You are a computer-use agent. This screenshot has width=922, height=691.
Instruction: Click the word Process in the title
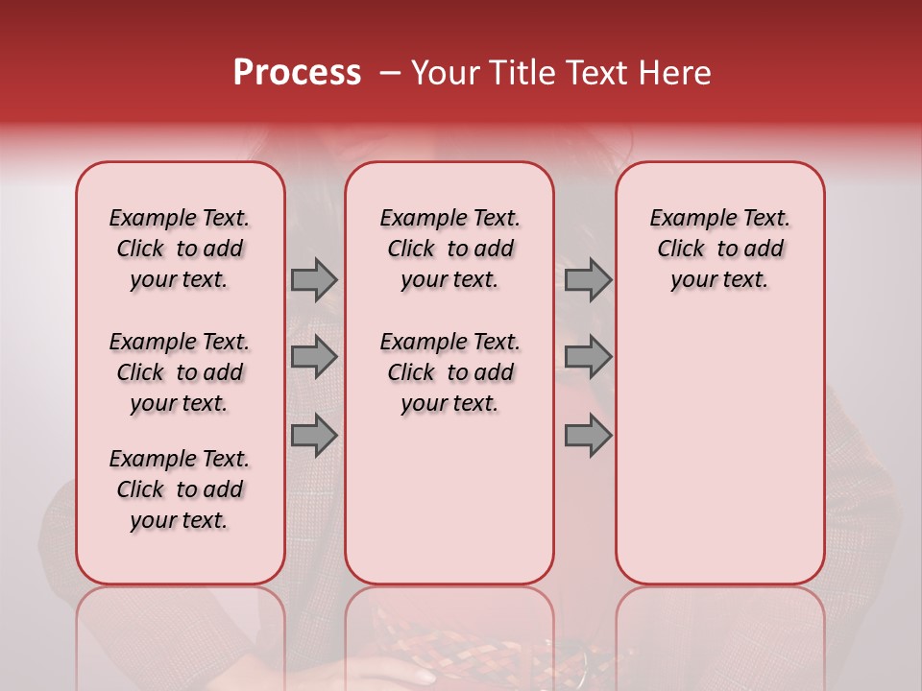tap(296, 73)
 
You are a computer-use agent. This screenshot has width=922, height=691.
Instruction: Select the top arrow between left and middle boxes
tap(313, 279)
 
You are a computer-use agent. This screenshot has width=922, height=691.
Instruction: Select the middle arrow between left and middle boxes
tap(313, 358)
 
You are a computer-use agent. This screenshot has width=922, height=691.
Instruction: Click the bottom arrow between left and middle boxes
tap(313, 436)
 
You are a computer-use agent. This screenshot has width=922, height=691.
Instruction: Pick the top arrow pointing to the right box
tap(588, 279)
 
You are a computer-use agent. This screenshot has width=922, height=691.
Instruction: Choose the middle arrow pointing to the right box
tap(588, 358)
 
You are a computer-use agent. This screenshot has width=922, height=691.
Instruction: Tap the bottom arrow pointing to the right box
tap(588, 436)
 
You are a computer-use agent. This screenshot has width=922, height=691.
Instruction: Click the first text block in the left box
tap(180, 249)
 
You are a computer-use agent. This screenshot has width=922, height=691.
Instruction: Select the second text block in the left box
tap(180, 372)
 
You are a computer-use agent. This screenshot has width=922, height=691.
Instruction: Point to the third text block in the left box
tap(180, 489)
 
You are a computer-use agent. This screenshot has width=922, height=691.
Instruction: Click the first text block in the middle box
tap(449, 249)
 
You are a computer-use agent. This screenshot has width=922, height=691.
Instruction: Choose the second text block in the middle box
tap(449, 372)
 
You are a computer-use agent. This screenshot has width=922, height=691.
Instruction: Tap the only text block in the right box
tap(720, 249)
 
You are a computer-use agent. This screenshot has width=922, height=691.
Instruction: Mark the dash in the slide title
tap(390, 74)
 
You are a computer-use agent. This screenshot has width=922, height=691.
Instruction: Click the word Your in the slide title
tap(443, 73)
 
